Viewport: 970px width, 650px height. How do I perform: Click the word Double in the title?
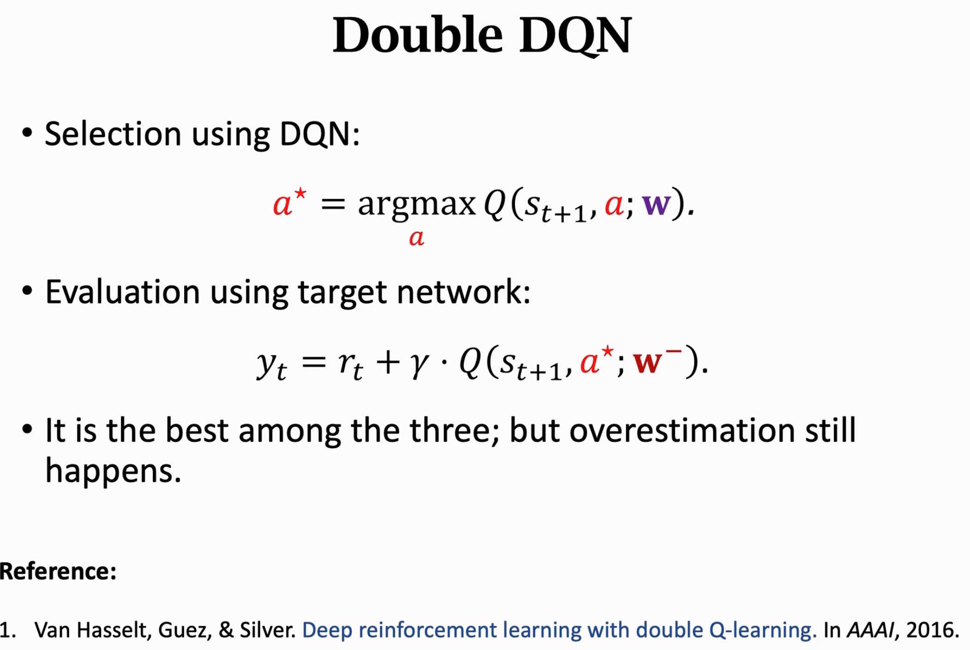(x=418, y=35)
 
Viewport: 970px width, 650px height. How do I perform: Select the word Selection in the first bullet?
(x=113, y=134)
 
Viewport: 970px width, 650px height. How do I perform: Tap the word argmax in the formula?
(x=417, y=205)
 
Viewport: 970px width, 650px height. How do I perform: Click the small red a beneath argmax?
(x=417, y=238)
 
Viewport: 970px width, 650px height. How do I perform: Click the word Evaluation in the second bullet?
(x=122, y=292)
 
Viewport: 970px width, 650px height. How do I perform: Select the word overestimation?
(x=682, y=430)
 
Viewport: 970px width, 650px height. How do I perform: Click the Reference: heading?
(x=58, y=572)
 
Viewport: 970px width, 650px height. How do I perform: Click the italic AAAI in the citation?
(x=870, y=630)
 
